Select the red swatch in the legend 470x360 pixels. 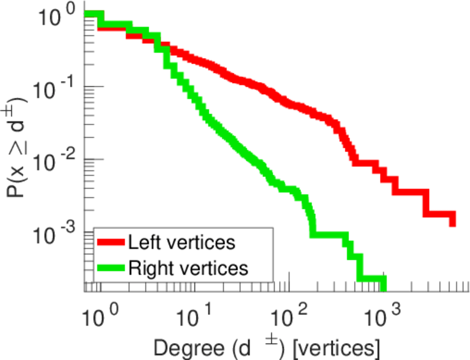pos(110,243)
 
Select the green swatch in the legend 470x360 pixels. pos(110,268)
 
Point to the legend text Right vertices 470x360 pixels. pos(188,268)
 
